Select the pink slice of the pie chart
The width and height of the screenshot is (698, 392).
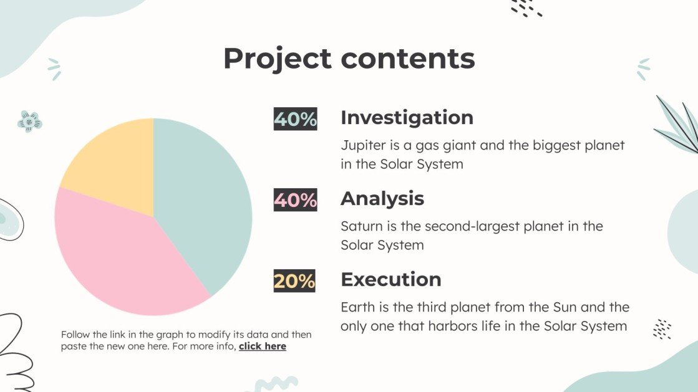click(x=125, y=256)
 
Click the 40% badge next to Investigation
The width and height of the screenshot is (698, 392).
click(x=295, y=119)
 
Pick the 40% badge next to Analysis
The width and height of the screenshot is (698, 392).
click(x=295, y=200)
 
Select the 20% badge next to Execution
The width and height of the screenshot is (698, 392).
click(x=294, y=281)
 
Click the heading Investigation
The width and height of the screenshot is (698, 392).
click(x=407, y=118)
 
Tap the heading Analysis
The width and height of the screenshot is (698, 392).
click(x=382, y=199)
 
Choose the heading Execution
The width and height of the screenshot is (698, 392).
click(x=390, y=279)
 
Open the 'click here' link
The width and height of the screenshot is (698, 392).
click(x=262, y=347)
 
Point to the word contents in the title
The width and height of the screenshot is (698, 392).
click(x=408, y=59)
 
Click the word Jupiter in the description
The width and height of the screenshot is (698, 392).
click(x=362, y=146)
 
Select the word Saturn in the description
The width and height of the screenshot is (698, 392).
click(x=360, y=226)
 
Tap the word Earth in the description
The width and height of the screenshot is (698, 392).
click(x=356, y=307)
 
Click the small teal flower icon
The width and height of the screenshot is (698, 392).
click(x=29, y=121)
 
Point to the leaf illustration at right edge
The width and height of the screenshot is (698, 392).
click(x=679, y=128)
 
